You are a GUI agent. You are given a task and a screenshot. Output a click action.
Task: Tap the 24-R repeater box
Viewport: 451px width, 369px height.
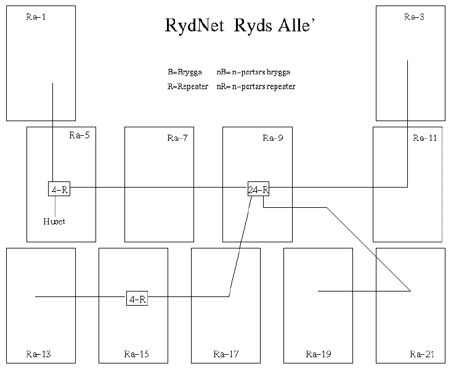(x=258, y=189)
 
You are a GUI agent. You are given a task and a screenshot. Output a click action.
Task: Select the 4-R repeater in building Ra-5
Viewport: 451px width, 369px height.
(x=59, y=189)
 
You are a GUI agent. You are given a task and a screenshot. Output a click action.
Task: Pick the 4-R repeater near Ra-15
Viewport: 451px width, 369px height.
(x=137, y=300)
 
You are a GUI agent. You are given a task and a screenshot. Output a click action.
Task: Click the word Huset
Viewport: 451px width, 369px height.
(x=54, y=221)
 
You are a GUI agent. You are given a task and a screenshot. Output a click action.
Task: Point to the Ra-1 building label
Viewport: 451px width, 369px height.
(x=36, y=17)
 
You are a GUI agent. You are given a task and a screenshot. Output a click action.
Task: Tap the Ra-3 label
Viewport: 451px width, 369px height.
(x=413, y=17)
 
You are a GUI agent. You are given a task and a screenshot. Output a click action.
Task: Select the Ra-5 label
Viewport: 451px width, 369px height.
(x=79, y=135)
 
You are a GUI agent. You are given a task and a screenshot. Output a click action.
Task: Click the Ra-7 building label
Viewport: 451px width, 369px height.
(x=177, y=138)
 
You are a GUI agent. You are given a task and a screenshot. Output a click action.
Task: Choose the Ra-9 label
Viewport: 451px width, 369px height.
(x=273, y=138)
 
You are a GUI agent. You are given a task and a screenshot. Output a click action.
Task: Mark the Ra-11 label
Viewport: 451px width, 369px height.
(x=425, y=138)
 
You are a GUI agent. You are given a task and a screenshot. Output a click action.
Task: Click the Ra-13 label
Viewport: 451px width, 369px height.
(x=39, y=354)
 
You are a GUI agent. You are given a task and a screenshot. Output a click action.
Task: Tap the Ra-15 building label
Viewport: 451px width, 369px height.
(x=136, y=354)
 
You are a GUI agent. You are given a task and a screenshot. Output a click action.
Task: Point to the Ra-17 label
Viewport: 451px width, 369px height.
(x=225, y=354)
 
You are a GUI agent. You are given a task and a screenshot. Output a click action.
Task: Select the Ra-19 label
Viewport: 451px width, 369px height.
(x=319, y=354)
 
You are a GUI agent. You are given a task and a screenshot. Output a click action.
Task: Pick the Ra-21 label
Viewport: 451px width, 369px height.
(x=422, y=354)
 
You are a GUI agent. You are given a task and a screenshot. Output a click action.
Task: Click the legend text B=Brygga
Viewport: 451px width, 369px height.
(x=185, y=72)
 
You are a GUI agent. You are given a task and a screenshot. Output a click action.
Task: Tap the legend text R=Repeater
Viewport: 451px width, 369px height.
(x=188, y=87)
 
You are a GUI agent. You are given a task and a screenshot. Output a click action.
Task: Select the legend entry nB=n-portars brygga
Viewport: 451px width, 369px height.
(x=253, y=72)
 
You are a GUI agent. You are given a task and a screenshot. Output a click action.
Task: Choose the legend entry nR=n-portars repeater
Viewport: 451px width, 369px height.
(x=256, y=87)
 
